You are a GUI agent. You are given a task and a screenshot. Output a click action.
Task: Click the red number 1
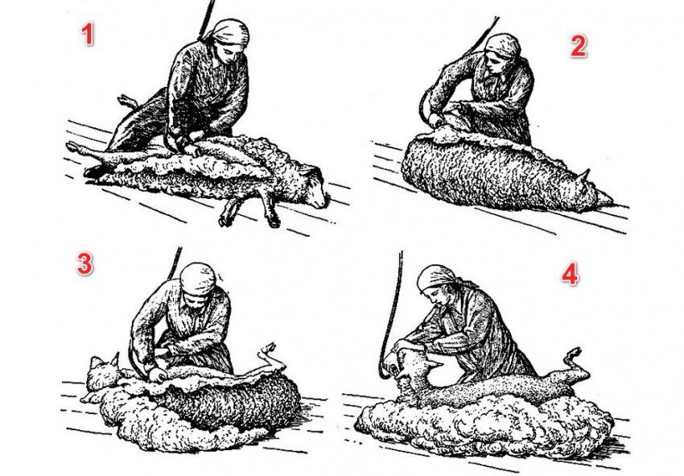88,35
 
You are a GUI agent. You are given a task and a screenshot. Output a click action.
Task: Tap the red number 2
579,45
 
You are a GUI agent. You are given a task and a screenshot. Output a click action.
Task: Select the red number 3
84,263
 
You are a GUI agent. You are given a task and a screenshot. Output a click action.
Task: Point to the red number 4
570,275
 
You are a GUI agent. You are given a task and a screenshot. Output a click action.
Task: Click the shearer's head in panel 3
199,282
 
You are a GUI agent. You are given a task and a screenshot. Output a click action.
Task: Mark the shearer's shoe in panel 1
94,172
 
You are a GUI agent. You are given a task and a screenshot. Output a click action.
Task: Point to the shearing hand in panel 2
436,118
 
